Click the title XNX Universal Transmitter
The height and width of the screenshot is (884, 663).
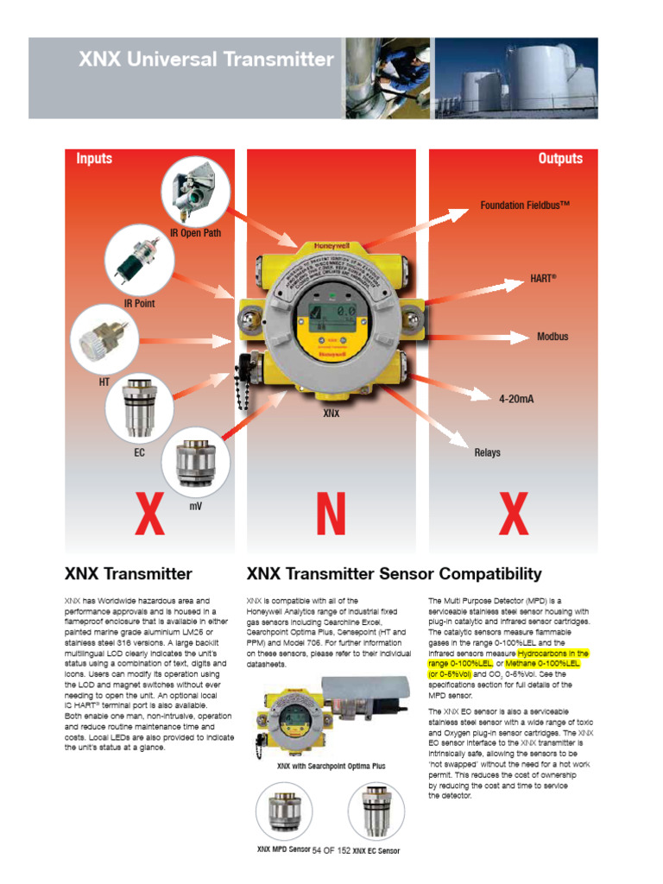[205, 60]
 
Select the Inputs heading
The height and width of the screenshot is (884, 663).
[94, 159]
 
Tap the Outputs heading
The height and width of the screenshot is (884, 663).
[560, 159]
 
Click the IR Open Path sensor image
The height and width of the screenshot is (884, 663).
[195, 191]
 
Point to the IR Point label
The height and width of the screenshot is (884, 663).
[139, 304]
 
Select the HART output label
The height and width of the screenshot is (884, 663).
[543, 280]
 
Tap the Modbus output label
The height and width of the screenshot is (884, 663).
[552, 337]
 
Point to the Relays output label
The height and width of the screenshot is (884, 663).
[487, 452]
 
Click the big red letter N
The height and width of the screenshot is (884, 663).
[331, 515]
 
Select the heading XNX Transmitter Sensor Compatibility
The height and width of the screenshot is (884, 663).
[395, 574]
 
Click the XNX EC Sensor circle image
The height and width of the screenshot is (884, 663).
[376, 811]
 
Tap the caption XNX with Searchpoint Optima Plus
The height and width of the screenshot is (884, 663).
[331, 766]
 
